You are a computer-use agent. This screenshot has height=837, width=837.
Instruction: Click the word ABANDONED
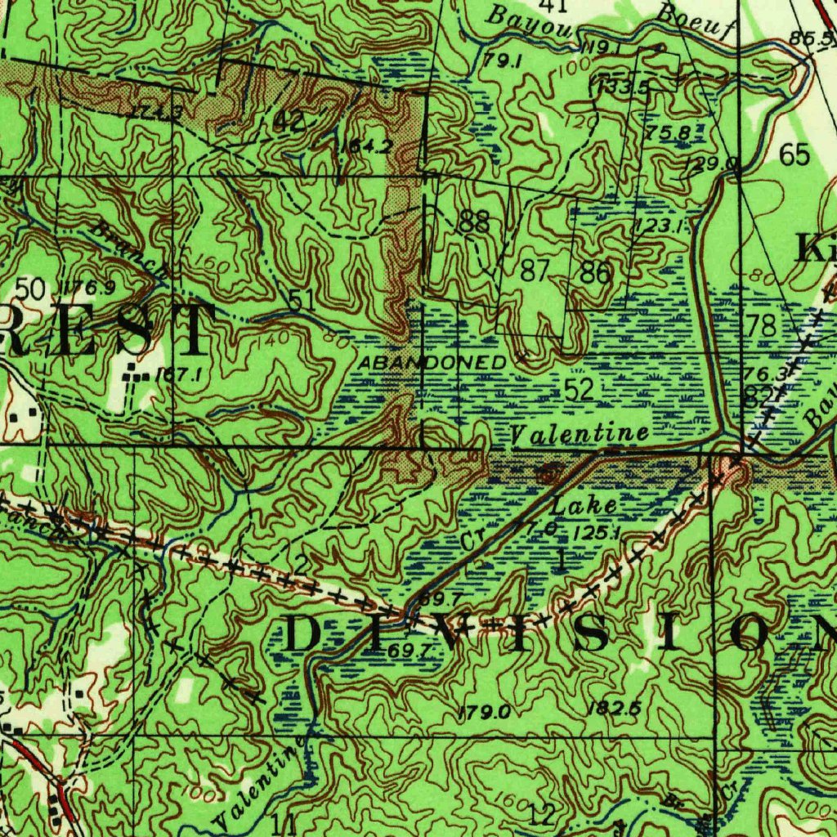pos(431,361)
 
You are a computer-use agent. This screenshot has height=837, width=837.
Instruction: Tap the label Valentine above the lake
pos(580,433)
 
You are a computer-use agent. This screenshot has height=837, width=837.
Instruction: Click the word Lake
pos(584,504)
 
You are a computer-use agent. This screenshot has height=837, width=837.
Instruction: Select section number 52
pos(579,391)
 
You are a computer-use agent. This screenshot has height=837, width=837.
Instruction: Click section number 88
pos(475,221)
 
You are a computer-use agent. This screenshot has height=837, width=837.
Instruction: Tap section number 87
pos(535,271)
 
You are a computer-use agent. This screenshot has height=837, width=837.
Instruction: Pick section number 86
pos(595,272)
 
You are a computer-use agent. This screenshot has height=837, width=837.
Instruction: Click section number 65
pos(794,154)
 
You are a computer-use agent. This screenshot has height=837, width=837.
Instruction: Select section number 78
pos(761,325)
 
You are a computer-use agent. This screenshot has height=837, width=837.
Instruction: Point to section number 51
pos(302,300)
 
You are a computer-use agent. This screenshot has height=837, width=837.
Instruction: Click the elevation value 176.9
pos(88,287)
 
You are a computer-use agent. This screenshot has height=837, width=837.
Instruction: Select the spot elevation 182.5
pos(613,708)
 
